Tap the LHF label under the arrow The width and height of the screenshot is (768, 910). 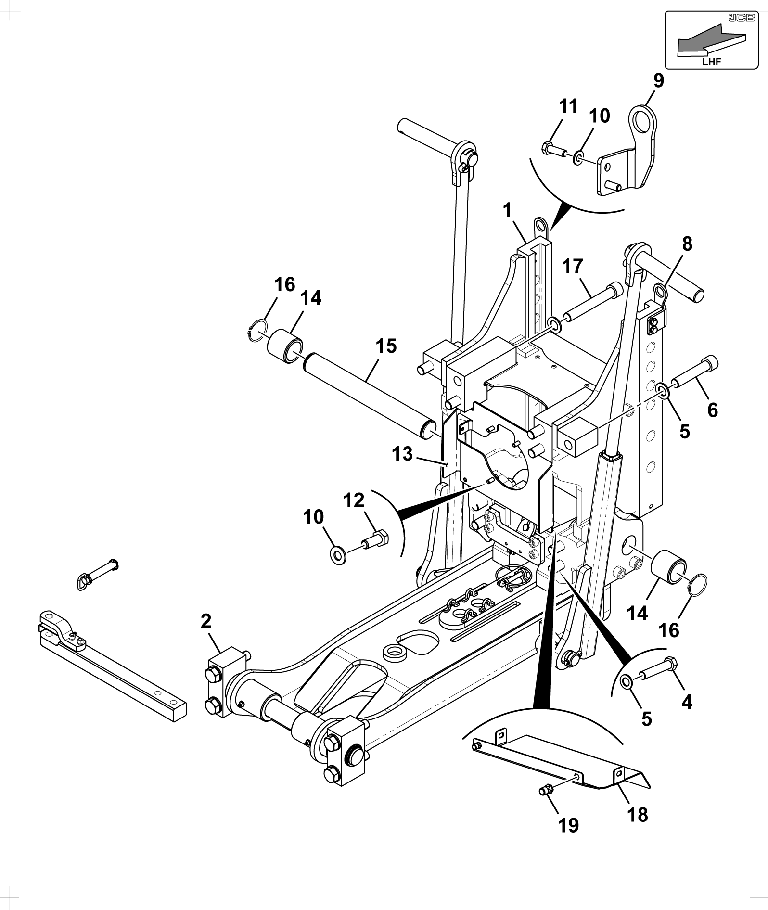point(712,62)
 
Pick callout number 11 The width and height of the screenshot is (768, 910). point(569,106)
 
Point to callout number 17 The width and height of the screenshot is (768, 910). point(573,266)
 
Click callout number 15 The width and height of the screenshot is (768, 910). point(386,346)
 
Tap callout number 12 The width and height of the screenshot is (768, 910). point(354,500)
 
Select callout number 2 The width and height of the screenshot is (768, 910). point(206,621)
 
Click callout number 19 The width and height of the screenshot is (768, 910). point(568,826)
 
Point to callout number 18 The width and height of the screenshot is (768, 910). point(638,815)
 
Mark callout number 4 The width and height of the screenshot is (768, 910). point(687,703)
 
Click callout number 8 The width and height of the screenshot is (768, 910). point(687,244)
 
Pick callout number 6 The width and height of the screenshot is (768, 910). point(713,410)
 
